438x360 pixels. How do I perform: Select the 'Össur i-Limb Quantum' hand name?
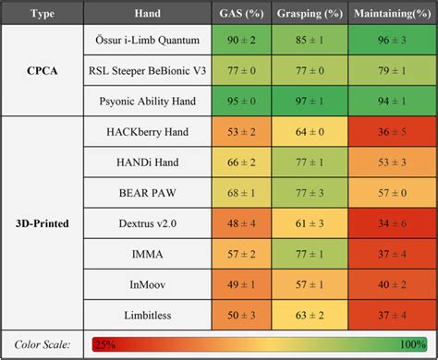pyautogui.click(x=149, y=41)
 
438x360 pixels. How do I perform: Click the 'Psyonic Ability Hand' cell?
pyautogui.click(x=149, y=102)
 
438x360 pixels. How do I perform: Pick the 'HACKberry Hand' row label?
pyautogui.click(x=149, y=132)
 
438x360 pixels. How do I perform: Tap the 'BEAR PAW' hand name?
pyautogui.click(x=149, y=193)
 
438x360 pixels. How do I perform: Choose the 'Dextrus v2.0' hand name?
pyautogui.click(x=149, y=223)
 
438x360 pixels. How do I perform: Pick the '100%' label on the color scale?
pyautogui.click(x=412, y=344)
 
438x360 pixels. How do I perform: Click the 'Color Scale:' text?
pyautogui.click(x=43, y=344)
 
